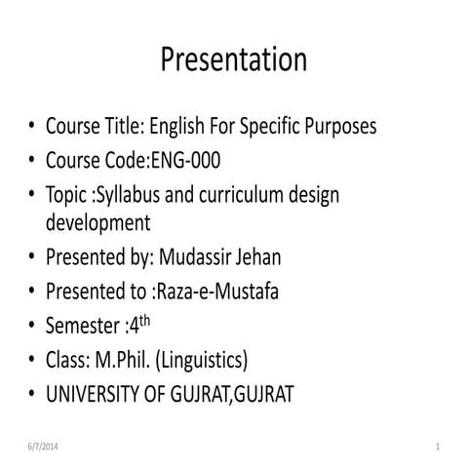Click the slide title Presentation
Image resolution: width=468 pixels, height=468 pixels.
coord(233,59)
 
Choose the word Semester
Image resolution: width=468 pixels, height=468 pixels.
coord(84,325)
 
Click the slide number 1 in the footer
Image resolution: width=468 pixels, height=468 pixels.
coord(440,447)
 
